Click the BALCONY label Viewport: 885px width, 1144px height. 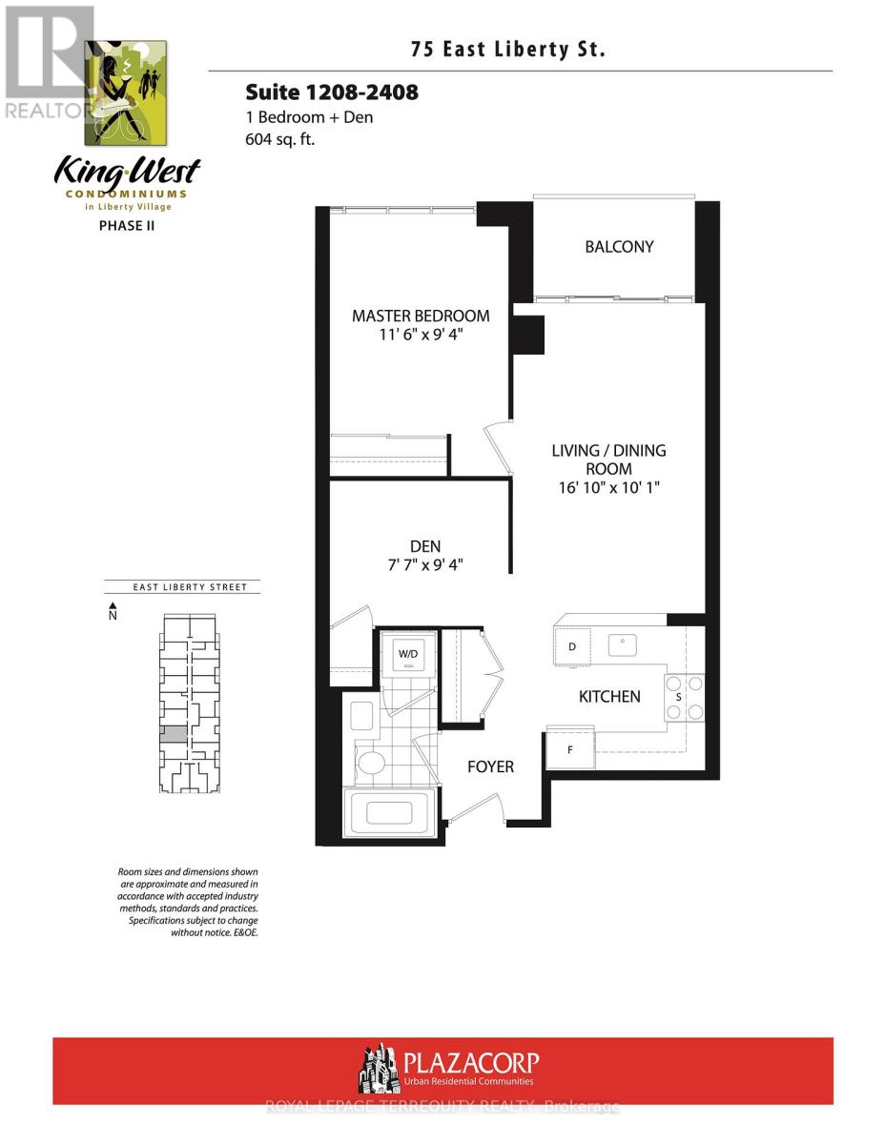tap(619, 247)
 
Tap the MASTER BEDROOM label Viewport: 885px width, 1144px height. tap(421, 316)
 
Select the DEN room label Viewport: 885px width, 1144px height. tap(425, 546)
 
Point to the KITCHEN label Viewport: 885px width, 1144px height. tap(609, 697)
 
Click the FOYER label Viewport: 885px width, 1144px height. tap(490, 766)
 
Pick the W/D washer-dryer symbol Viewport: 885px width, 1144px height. tap(407, 655)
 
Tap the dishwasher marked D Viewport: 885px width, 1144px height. tap(572, 647)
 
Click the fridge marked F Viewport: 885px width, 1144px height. tap(570, 749)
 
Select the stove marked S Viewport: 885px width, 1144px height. tap(678, 697)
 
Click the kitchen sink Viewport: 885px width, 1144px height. tap(624, 644)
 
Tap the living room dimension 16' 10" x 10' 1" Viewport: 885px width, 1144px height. tap(608, 487)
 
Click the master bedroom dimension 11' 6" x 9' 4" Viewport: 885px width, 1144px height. tap(421, 336)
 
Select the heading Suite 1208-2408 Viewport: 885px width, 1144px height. tap(332, 92)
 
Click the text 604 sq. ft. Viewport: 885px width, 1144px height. tap(280, 139)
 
